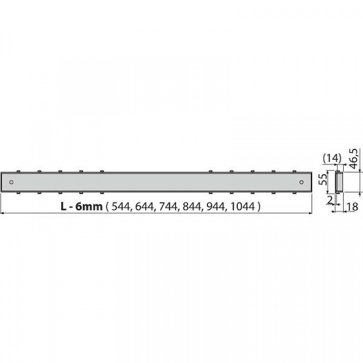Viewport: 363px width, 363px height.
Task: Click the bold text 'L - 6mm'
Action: [x=82, y=206]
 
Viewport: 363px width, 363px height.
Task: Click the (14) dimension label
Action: [x=332, y=159]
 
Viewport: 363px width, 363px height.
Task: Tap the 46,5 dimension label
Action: [x=353, y=159]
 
